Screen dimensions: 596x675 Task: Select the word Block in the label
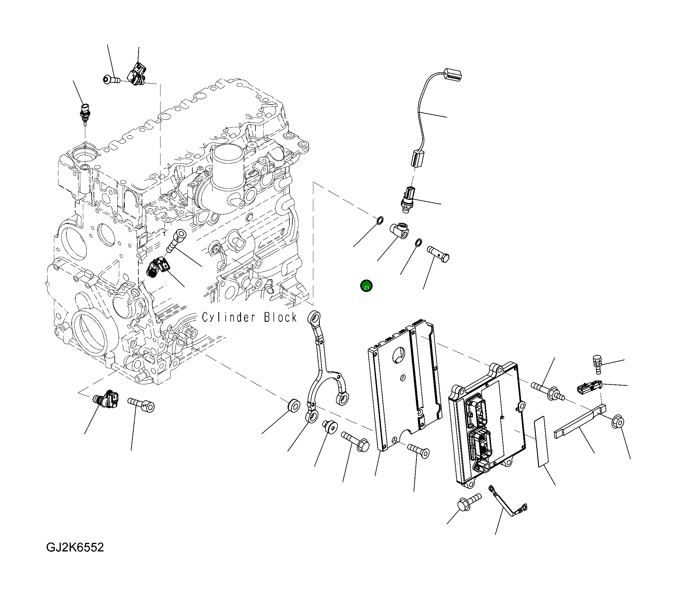pyautogui.click(x=280, y=318)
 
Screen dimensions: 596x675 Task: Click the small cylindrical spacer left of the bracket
pyautogui.click(x=293, y=406)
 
